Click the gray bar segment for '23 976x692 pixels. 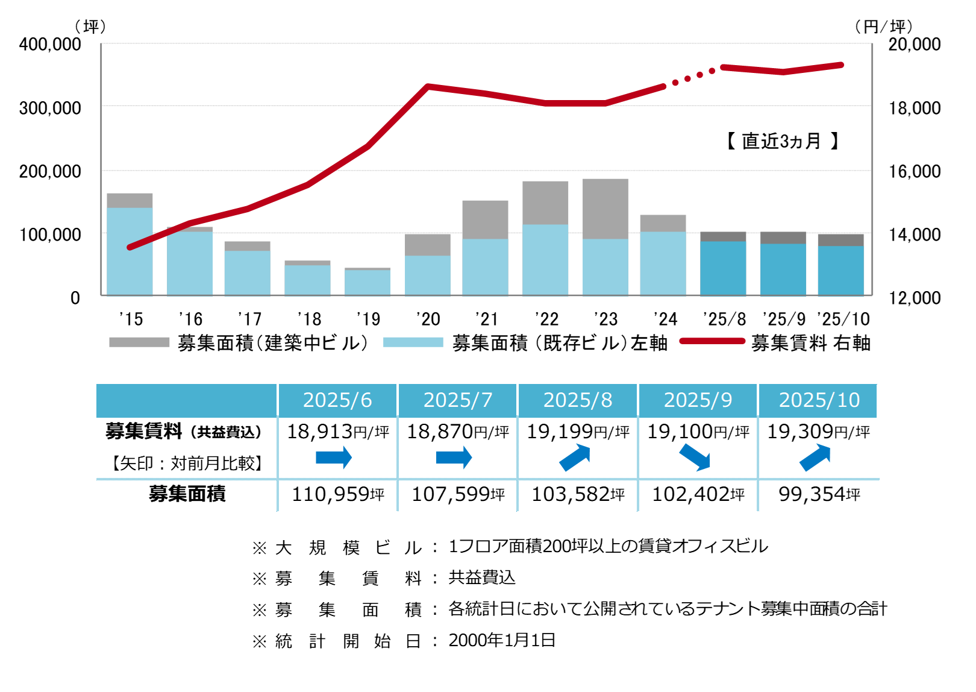point(605,209)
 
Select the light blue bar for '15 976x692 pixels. point(130,251)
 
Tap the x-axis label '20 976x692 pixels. point(428,319)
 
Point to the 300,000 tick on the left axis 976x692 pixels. point(50,109)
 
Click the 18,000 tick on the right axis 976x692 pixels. point(915,109)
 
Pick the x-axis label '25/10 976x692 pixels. point(843,319)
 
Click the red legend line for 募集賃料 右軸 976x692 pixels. point(712,341)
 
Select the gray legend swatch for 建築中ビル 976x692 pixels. point(139,342)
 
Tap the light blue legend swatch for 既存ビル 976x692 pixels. point(413,342)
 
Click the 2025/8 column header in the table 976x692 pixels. point(578,400)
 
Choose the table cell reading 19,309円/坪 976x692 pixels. point(818,432)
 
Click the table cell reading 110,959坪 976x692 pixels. point(337,494)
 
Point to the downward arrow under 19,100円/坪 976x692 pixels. point(695,458)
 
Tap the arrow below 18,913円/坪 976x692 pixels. point(334,458)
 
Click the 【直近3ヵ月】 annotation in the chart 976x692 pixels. point(782,141)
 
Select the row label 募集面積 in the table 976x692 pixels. point(187,494)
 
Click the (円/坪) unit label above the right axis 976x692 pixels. point(884,27)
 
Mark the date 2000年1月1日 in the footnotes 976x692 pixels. point(502,640)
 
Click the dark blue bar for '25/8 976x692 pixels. point(723,268)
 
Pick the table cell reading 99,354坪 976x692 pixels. point(818,494)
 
